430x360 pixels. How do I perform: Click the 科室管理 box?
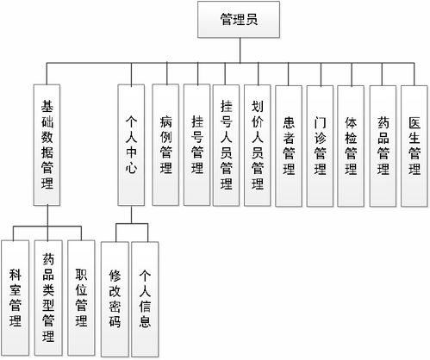tap(16, 297)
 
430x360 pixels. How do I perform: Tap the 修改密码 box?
tap(115, 297)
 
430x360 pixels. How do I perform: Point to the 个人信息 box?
tap(146, 297)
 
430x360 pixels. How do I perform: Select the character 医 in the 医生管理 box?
tap(414, 115)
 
